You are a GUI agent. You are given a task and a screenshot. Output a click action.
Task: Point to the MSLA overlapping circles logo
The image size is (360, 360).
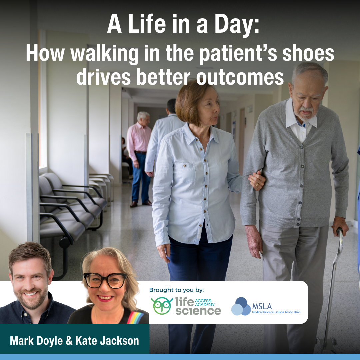coord(241,306)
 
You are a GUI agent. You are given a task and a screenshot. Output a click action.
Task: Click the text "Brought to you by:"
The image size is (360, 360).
coord(176,290)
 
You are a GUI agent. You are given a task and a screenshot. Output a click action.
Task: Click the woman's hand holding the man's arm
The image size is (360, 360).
coord(256,180)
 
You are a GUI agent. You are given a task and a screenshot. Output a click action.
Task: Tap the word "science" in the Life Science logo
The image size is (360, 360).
coord(198,311)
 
